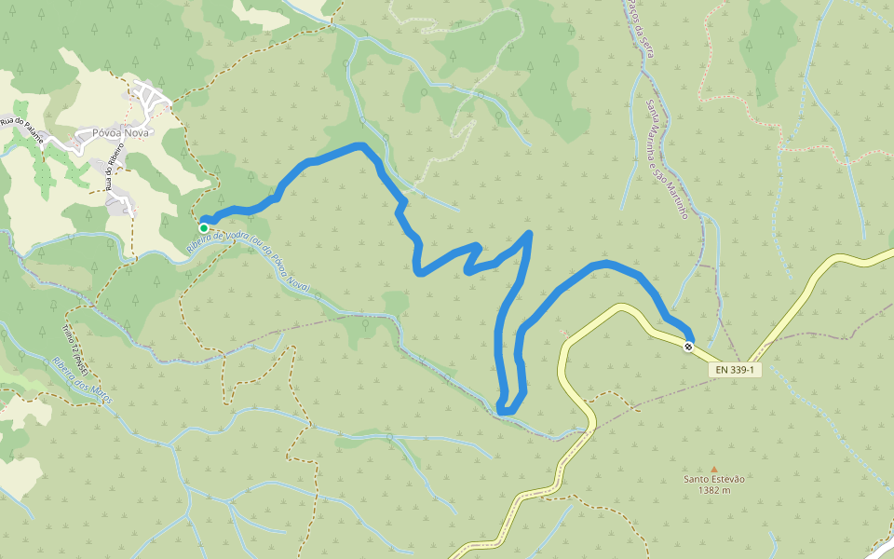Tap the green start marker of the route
(x=204, y=227)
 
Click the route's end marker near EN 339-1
(x=688, y=347)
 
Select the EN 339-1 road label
(x=736, y=370)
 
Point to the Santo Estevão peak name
(x=714, y=479)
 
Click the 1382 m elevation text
(x=714, y=490)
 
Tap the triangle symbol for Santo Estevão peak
(x=714, y=469)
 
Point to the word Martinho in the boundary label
(x=677, y=200)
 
